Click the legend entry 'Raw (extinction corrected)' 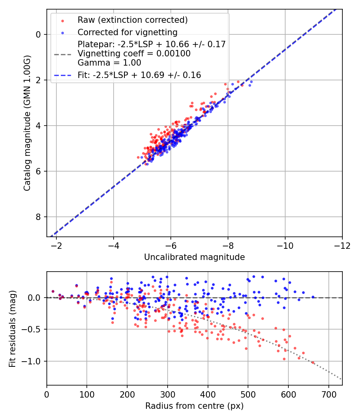132,20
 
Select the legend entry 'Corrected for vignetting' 128,32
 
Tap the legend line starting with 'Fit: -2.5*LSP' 139,75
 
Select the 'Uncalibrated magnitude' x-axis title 194,257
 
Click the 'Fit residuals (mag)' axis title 12,329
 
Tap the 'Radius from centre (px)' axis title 194,406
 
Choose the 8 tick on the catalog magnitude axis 38,217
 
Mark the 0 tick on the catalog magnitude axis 38,34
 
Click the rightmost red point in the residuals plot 313,363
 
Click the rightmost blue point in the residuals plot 313,297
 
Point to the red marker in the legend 62,20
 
